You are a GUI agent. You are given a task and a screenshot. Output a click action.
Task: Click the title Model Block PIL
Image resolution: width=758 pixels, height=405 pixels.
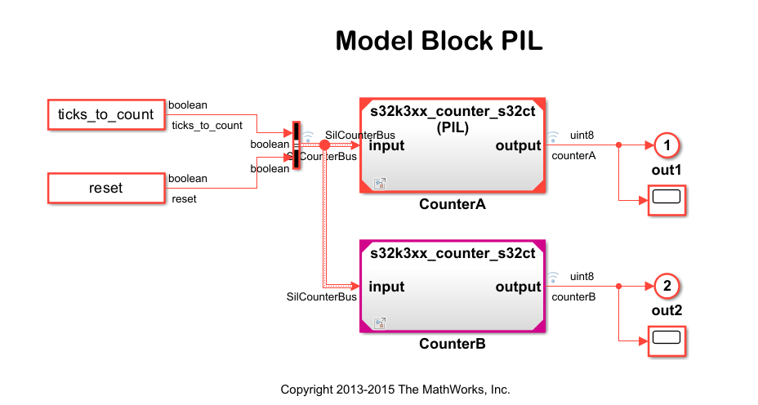(x=439, y=41)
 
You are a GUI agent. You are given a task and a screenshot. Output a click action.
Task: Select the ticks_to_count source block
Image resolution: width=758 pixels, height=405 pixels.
(x=105, y=114)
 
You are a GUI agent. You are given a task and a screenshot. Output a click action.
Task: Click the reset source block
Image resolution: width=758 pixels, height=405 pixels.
(x=105, y=188)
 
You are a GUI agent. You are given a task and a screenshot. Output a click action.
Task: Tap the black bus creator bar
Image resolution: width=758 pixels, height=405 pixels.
(x=297, y=146)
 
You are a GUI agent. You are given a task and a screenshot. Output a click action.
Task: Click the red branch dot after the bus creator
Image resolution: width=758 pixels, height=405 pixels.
(x=324, y=145)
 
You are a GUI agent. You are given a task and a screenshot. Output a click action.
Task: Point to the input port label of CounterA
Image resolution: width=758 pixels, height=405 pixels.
(x=386, y=146)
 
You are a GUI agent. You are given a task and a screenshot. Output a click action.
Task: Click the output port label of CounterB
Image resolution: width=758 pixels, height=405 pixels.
(x=518, y=287)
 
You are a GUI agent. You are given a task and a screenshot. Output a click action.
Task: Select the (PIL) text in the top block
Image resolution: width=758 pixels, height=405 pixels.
(x=452, y=127)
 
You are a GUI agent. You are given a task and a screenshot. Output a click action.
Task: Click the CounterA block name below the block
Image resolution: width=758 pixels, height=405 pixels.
(x=452, y=204)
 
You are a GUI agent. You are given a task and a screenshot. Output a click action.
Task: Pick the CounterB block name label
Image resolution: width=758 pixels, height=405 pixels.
(x=452, y=344)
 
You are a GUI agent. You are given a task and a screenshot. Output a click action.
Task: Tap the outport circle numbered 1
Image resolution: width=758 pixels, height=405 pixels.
(x=667, y=145)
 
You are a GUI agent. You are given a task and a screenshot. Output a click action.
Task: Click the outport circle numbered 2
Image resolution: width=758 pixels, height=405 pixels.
(x=667, y=286)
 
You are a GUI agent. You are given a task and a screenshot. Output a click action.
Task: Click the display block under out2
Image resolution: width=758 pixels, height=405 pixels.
(x=667, y=340)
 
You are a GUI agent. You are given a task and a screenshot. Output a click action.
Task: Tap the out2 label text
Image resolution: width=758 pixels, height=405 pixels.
(x=667, y=311)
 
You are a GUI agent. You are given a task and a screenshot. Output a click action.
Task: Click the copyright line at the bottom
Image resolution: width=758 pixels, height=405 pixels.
(x=395, y=389)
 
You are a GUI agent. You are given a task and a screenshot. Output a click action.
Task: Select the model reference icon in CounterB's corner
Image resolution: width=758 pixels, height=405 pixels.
(x=379, y=323)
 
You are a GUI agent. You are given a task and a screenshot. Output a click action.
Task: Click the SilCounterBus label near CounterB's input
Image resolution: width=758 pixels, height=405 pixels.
(x=321, y=296)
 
